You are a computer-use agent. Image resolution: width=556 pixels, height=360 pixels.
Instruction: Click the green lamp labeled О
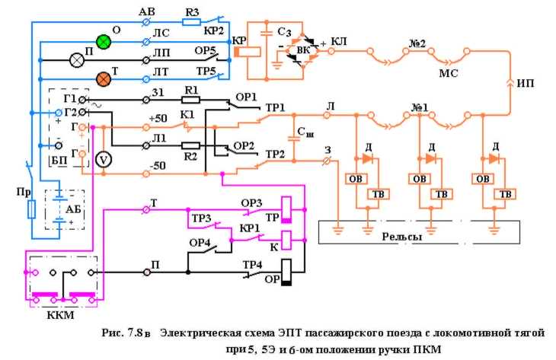coord(103,41)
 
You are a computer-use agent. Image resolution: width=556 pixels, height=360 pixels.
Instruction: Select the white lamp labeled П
coord(78,59)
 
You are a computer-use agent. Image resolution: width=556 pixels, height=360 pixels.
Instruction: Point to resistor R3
coord(191,23)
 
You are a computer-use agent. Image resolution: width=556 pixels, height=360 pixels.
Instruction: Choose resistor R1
coord(191,100)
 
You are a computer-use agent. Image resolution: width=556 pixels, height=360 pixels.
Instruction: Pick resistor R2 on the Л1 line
coord(191,145)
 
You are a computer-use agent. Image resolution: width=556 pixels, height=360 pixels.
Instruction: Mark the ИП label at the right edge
coord(526,80)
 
